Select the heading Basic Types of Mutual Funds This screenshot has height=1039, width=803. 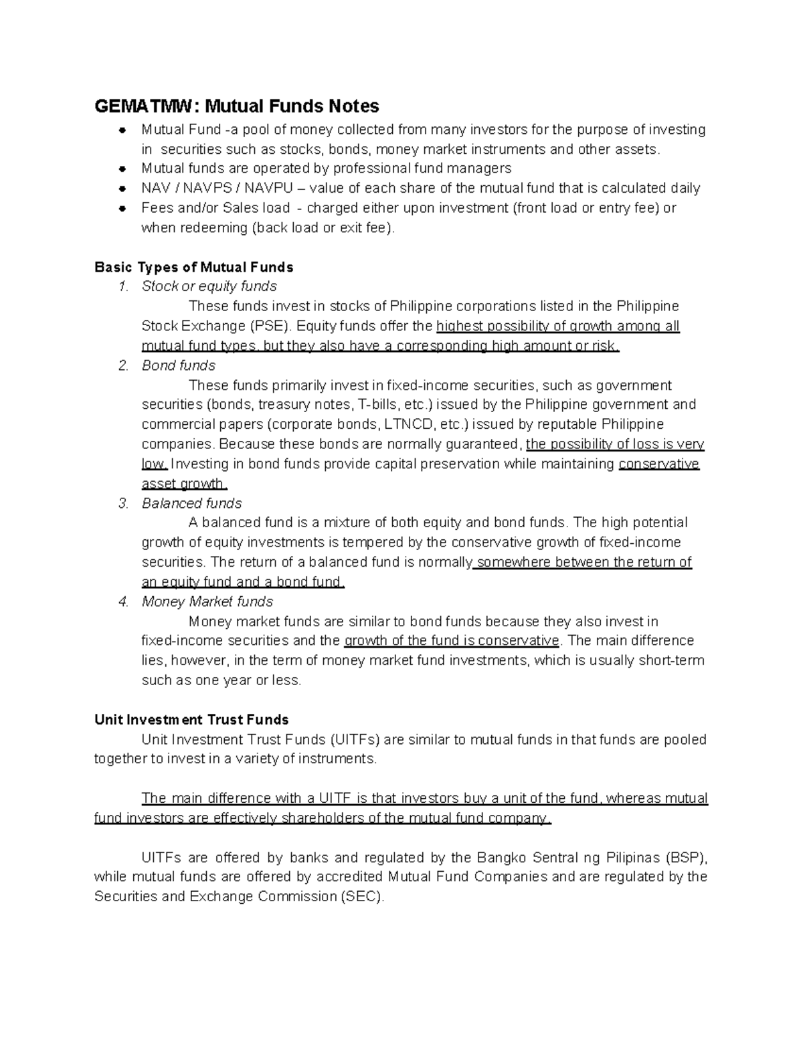(x=194, y=268)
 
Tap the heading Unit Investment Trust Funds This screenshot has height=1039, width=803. (x=191, y=720)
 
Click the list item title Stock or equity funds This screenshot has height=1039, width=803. (x=209, y=286)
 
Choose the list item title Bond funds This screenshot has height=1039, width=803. (x=178, y=365)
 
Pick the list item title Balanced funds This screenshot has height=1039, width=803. (x=191, y=503)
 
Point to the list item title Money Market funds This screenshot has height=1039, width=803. (x=207, y=601)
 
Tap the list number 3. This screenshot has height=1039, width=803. (x=122, y=503)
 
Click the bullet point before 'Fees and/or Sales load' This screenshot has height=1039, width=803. (x=122, y=208)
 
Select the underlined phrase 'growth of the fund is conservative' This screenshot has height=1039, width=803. (x=451, y=641)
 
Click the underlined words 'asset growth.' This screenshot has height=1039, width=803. (x=185, y=484)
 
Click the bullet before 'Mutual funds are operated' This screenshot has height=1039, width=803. (x=122, y=169)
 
